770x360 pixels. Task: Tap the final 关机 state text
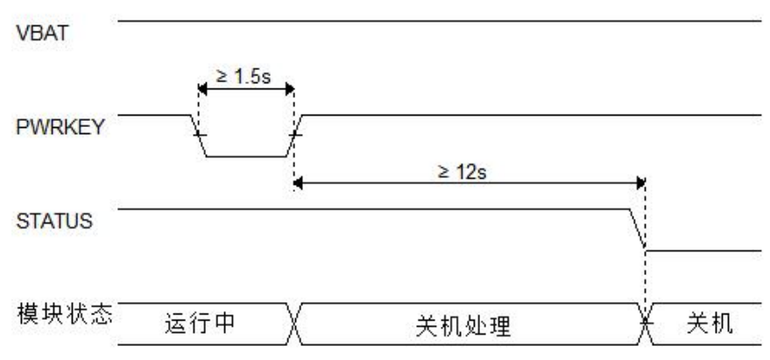pos(705,323)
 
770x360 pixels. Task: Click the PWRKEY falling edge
pos(200,135)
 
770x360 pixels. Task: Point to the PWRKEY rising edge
pos(295,135)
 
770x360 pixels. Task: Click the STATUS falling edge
pos(639,229)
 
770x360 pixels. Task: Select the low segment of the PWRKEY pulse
pos(247,156)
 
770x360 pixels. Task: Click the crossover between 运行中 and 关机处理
pos(294,324)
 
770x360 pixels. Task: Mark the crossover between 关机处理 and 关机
pos(646,324)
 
